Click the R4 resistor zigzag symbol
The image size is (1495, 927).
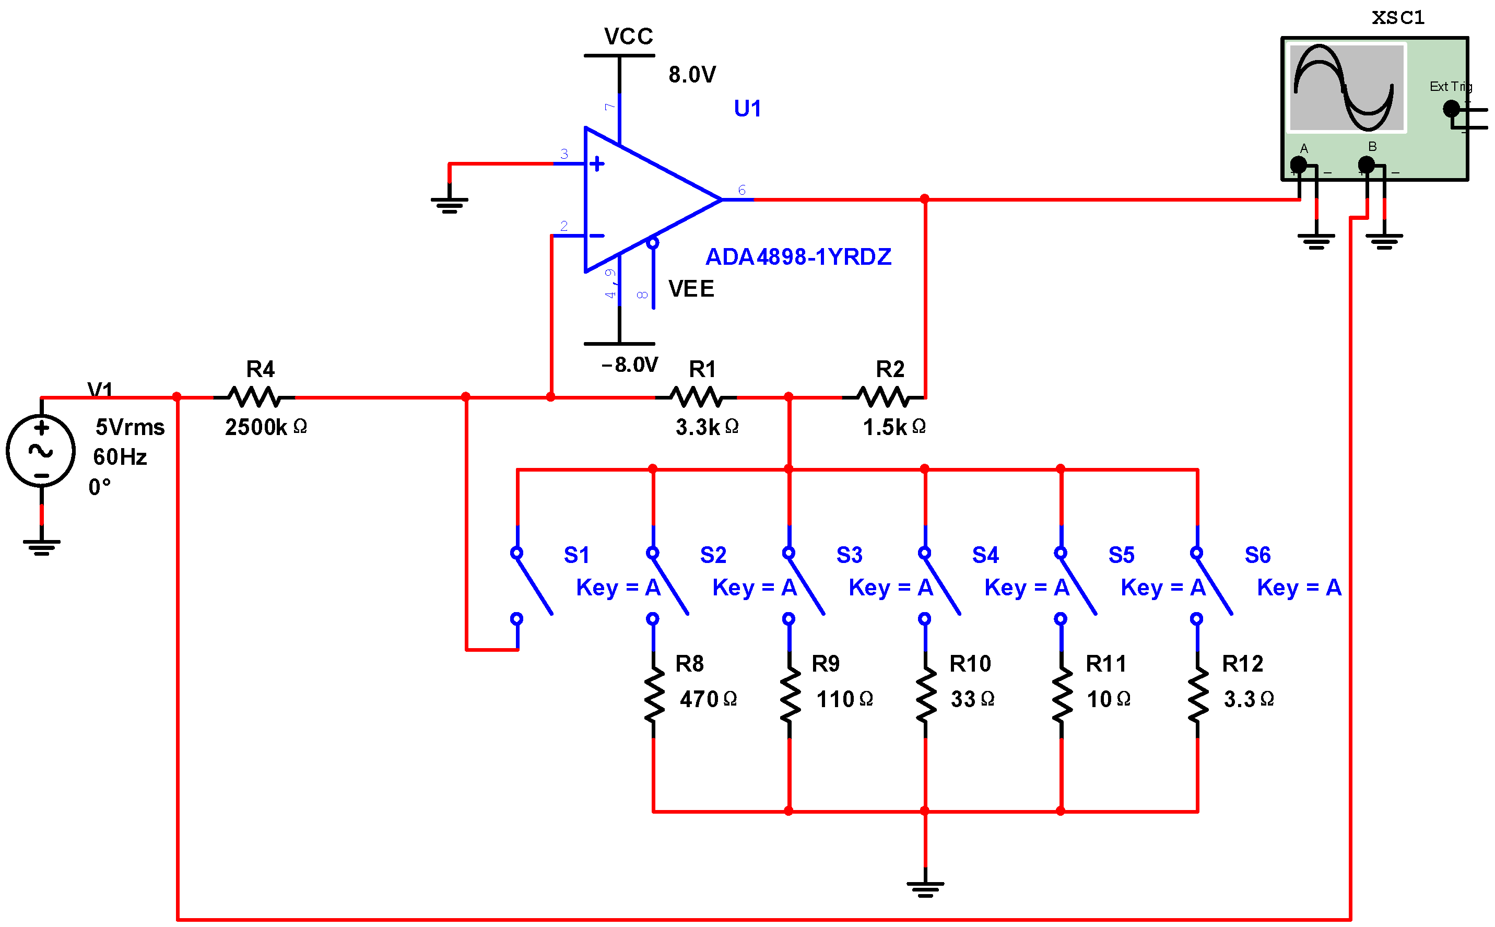point(254,397)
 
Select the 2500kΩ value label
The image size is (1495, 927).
point(265,427)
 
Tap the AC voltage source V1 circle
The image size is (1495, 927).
point(41,451)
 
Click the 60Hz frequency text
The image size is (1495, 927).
point(120,457)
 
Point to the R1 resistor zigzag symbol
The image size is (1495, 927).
point(696,397)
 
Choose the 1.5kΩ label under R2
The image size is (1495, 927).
point(893,427)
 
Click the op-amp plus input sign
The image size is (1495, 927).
point(596,163)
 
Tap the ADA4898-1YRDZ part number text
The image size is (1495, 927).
point(798,257)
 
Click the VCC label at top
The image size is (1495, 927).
point(628,37)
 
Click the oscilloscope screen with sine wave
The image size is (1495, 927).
point(1346,88)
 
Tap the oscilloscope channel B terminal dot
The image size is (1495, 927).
point(1365,165)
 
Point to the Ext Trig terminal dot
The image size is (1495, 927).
point(1451,109)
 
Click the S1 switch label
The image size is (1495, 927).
point(576,555)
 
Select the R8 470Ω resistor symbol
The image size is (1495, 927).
point(653,694)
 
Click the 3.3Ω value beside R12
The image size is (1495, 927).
point(1248,699)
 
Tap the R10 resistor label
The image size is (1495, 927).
point(970,664)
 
